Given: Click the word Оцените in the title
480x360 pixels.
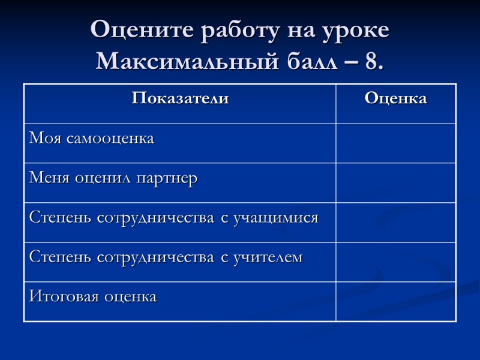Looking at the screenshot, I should click(130, 31).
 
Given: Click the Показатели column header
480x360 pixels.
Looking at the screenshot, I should click(180, 98).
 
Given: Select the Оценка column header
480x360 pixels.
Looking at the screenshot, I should click(395, 98).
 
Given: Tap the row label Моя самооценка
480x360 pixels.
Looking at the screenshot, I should click(91, 139).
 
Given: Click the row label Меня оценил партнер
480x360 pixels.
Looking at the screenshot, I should click(113, 178).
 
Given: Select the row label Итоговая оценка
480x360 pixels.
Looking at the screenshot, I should click(92, 296).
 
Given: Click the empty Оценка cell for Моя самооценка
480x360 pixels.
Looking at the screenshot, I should click(395, 143).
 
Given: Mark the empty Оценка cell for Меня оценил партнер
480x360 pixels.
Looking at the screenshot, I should click(395, 182).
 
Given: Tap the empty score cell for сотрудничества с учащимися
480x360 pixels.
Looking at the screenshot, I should click(395, 222).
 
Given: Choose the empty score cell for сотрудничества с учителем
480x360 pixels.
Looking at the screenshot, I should click(395, 262).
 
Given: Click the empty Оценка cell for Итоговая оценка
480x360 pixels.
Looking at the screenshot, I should click(395, 301).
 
